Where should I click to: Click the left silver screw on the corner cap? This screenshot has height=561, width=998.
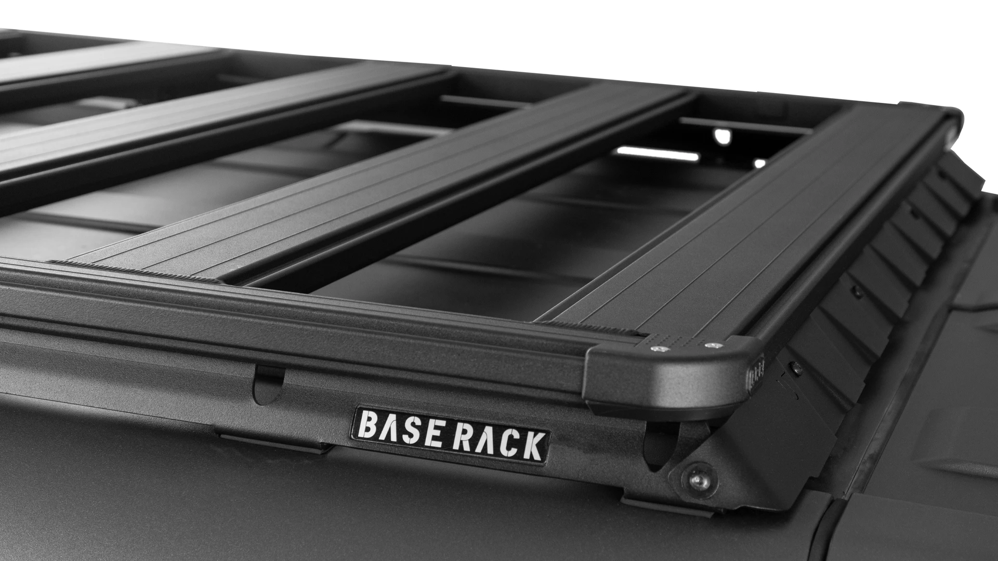[659, 349]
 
